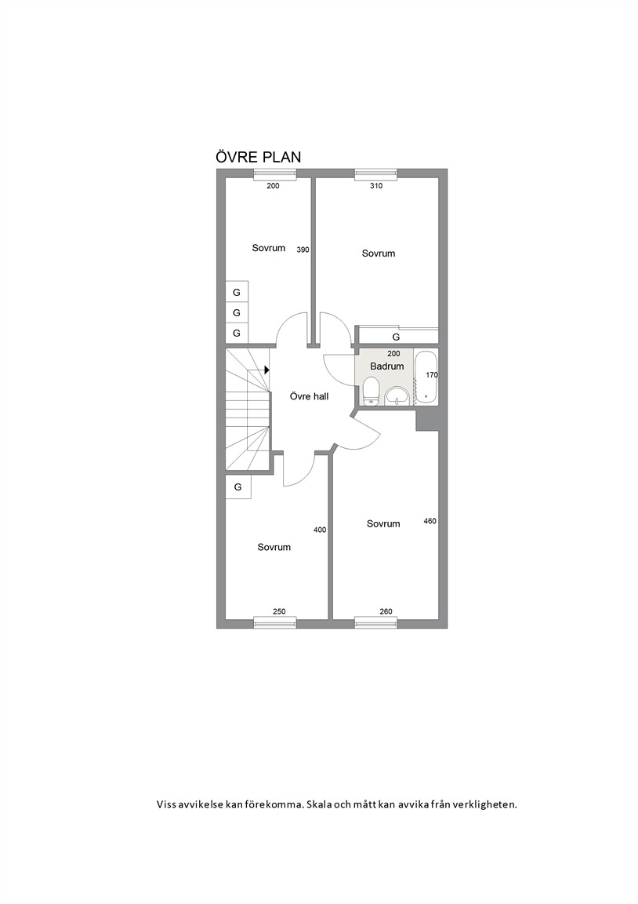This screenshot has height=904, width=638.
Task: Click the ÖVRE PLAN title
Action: pyautogui.click(x=258, y=157)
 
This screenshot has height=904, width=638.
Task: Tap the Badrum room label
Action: pyautogui.click(x=387, y=366)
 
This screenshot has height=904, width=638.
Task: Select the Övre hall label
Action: pyautogui.click(x=310, y=396)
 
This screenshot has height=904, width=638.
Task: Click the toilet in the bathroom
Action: pyautogui.click(x=371, y=392)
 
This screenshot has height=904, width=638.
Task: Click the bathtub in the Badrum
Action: pyautogui.click(x=426, y=377)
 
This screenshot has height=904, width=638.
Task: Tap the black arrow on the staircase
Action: pyautogui.click(x=267, y=370)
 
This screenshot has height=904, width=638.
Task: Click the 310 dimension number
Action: pyautogui.click(x=375, y=186)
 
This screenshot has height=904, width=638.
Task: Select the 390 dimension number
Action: pyautogui.click(x=303, y=250)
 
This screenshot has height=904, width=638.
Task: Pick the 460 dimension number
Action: pyautogui.click(x=430, y=521)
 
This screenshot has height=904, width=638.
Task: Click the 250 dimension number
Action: pyautogui.click(x=279, y=612)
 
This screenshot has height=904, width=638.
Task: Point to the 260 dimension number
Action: pyautogui.click(x=386, y=612)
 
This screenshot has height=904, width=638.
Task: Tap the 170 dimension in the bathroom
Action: pyautogui.click(x=432, y=375)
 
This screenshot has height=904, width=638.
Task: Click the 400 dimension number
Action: pyautogui.click(x=320, y=530)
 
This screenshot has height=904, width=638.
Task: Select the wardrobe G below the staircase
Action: pyautogui.click(x=237, y=487)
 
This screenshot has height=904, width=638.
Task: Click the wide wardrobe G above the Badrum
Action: pyautogui.click(x=396, y=337)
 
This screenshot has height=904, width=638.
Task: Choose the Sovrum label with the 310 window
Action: pyautogui.click(x=379, y=253)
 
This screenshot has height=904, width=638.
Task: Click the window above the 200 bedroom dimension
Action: pyautogui.click(x=276, y=173)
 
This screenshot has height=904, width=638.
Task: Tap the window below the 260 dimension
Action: pyautogui.click(x=376, y=622)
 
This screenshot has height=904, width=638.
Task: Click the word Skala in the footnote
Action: pyautogui.click(x=320, y=804)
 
